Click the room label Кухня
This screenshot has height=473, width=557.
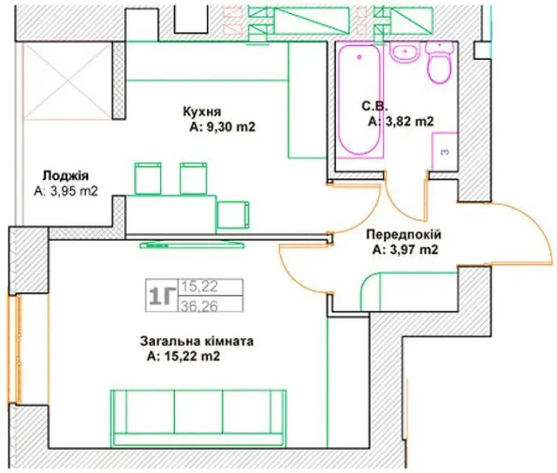coord(202,112)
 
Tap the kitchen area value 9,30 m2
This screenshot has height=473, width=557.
coord(229,127)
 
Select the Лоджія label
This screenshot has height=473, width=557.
coord(65,176)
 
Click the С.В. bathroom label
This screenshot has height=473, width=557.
coord(375,106)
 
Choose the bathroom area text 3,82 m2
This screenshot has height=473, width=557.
coord(407,122)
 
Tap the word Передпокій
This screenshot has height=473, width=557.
coord(404,235)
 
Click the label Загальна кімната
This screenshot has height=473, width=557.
coord(197,342)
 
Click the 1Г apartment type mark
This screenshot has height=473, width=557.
coord(162,296)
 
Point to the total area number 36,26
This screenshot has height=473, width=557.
coord(199,306)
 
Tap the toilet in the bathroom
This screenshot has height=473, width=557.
coord(440,63)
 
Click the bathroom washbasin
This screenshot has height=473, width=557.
coord(405,52)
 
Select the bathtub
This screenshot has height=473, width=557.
coord(359,100)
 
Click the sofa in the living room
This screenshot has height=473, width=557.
coord(198,417)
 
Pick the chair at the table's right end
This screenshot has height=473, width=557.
coord(233,215)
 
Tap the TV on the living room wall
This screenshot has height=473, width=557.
coord(191,244)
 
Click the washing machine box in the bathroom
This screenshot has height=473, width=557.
coord(444,151)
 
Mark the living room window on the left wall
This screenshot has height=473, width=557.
coord(16,349)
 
